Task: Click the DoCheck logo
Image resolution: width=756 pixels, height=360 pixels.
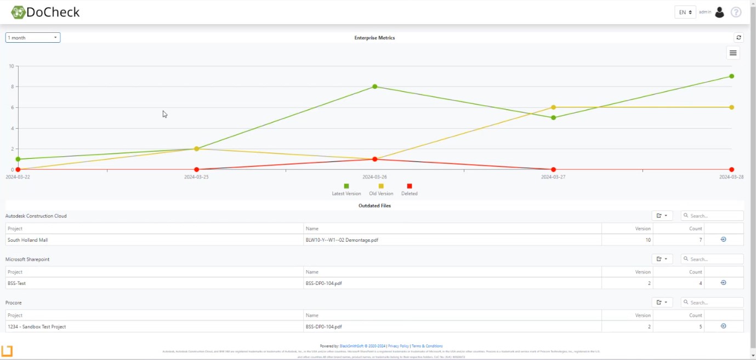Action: [x=46, y=12]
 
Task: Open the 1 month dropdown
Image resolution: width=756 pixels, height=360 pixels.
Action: [x=33, y=38]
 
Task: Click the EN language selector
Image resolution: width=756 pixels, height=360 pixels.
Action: [x=685, y=12]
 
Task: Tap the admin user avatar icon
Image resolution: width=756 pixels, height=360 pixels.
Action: [x=720, y=12]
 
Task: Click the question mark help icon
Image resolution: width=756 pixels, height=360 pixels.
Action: [x=736, y=12]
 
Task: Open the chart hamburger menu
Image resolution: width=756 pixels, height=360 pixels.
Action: [x=733, y=53]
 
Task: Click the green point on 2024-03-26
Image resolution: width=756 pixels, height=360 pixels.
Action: [x=375, y=87]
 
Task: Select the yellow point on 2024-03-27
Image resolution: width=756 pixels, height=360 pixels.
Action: [x=553, y=107]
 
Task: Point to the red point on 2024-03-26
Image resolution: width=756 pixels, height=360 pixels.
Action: [x=375, y=159]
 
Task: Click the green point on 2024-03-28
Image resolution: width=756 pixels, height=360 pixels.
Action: [x=732, y=76]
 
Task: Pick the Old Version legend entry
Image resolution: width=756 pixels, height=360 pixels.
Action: [x=381, y=190]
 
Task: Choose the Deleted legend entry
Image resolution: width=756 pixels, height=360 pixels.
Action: [x=410, y=190]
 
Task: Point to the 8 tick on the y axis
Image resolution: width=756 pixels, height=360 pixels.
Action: [x=11, y=87]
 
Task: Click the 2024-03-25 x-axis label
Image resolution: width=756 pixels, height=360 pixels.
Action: [x=196, y=177]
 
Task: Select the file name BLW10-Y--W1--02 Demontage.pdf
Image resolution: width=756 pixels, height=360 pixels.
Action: [x=342, y=240]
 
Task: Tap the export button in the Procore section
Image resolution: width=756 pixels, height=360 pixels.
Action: [x=662, y=302]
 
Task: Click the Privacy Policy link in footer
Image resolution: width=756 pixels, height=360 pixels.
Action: [x=399, y=346]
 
